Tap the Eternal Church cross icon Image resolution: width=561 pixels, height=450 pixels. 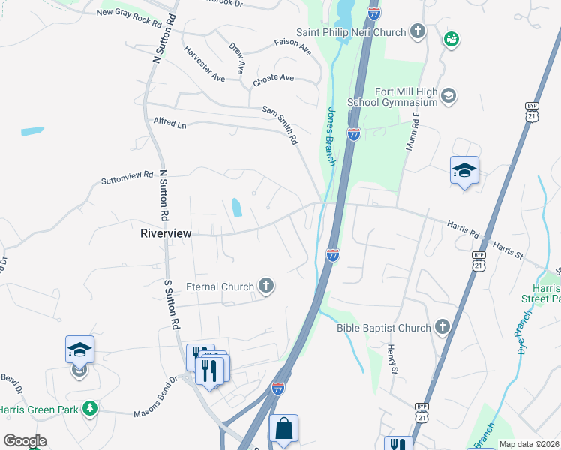[265, 286]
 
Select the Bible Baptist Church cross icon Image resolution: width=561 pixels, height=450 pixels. [442, 327]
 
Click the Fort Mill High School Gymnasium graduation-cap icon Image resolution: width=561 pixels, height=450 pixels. [448, 95]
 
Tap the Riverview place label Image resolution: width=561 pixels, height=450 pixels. [166, 233]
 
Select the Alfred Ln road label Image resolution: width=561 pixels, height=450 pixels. [169, 123]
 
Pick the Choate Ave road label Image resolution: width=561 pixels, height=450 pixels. [274, 78]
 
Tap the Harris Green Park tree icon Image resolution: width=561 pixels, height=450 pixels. [91, 408]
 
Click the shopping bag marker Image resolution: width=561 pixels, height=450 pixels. [283, 428]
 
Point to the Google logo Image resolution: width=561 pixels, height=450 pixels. [25, 440]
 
